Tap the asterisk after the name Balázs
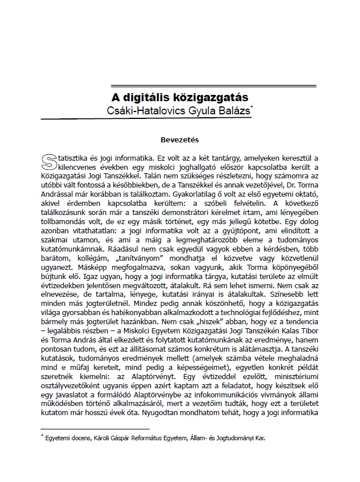click(x=252, y=107)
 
